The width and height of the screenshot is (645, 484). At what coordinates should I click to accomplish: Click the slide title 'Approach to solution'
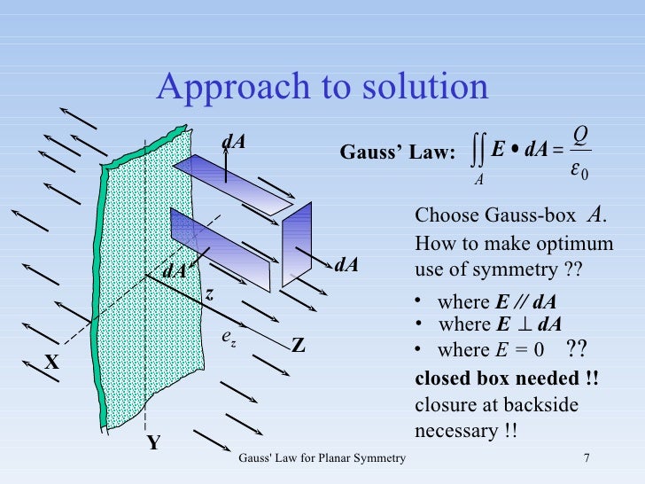(x=322, y=87)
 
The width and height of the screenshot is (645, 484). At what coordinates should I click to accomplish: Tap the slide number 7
(x=587, y=457)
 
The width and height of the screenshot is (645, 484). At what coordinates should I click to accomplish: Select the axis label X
(x=51, y=363)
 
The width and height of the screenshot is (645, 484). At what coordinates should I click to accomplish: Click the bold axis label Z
(x=299, y=346)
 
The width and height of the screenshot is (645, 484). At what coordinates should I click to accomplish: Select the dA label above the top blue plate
(x=233, y=141)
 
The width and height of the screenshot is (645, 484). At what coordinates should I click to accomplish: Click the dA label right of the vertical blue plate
(x=346, y=264)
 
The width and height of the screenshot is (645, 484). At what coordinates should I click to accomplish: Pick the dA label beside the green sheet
(x=174, y=271)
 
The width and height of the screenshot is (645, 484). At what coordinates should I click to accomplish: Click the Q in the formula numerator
(x=581, y=133)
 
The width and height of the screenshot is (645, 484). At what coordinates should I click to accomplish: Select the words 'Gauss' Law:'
(x=398, y=154)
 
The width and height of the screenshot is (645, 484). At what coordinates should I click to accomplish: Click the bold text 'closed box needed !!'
(x=507, y=379)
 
